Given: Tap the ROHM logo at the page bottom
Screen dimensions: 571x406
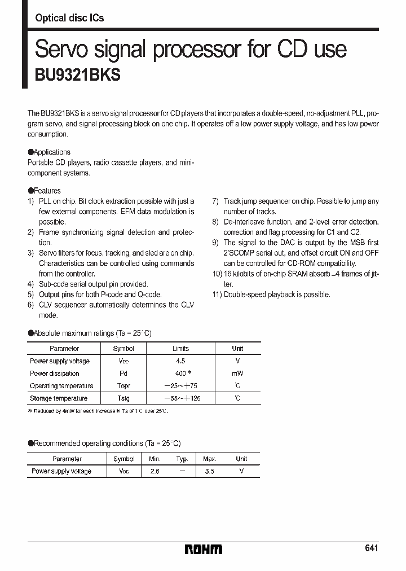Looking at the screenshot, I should point(204,549).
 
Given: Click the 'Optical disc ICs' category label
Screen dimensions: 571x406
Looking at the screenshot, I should point(69,18).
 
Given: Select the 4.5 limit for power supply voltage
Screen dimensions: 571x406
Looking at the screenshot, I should point(180,361).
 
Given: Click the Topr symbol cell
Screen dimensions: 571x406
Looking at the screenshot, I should point(123,386).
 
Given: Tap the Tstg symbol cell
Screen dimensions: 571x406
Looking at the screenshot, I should point(123,398).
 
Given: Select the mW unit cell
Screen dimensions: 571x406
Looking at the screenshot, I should point(237,374).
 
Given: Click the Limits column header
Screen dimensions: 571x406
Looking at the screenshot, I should point(180,349).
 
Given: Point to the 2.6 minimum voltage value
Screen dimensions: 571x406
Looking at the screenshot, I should point(155,471).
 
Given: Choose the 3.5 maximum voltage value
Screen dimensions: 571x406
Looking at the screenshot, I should point(209,471).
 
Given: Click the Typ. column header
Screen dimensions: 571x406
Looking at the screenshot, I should point(182,459).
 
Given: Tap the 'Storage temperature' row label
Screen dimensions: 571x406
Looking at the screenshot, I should point(59,398).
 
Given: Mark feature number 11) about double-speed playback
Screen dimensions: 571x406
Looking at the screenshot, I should point(271,295).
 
